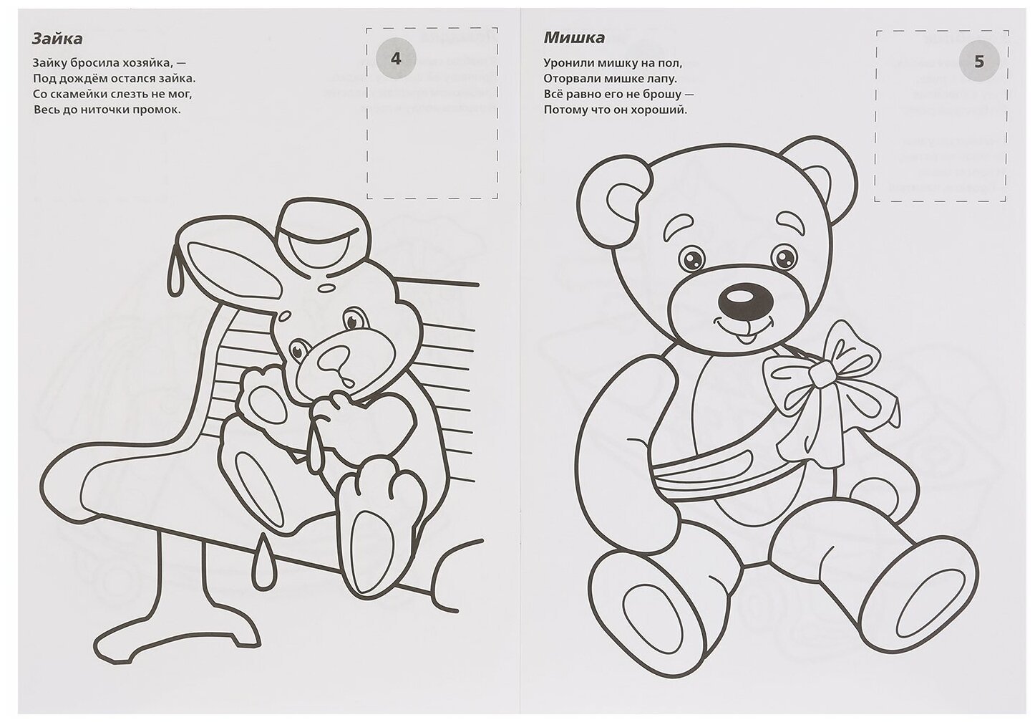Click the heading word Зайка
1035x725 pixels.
(58, 38)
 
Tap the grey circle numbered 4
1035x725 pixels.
(397, 58)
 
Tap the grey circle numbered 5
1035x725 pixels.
(978, 61)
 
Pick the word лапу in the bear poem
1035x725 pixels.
(661, 79)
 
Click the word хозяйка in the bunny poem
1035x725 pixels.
(145, 62)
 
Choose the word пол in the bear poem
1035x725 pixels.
(672, 63)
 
